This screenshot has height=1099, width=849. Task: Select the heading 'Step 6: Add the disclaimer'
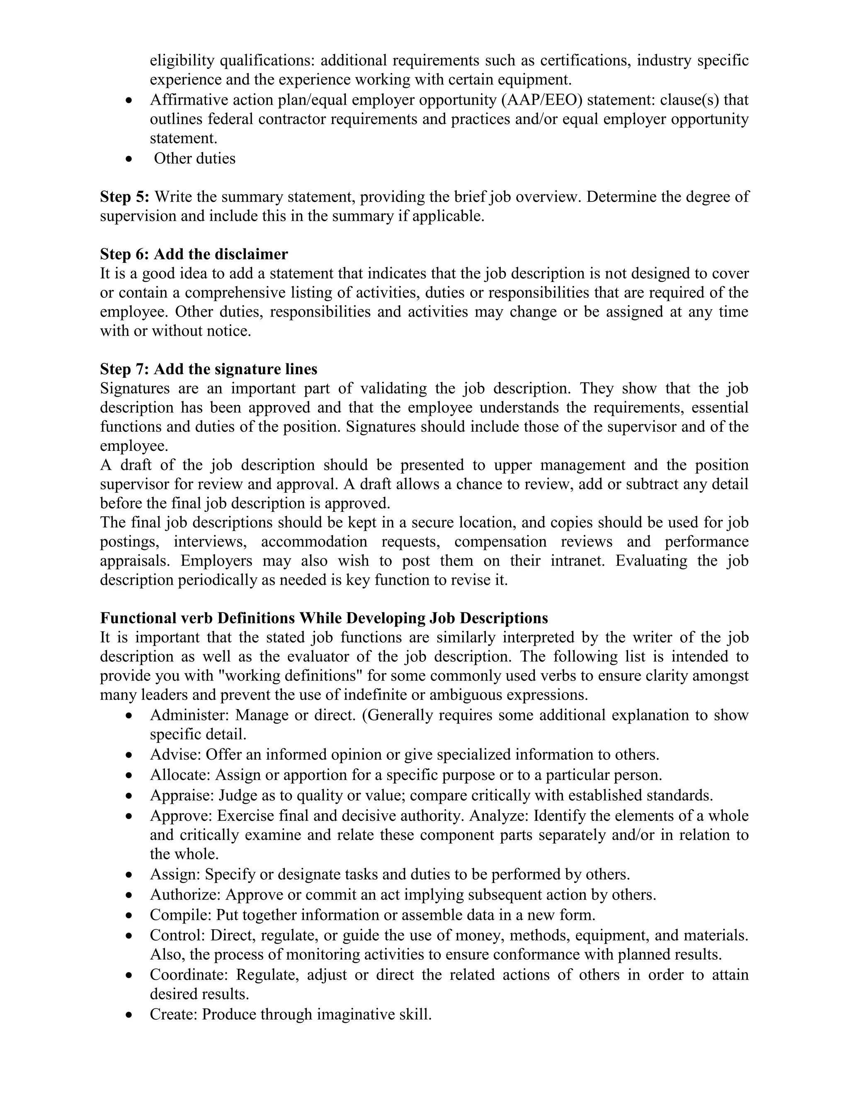tap(194, 254)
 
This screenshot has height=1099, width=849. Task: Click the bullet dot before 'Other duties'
tap(130, 159)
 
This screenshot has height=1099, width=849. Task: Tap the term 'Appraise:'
tap(182, 795)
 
